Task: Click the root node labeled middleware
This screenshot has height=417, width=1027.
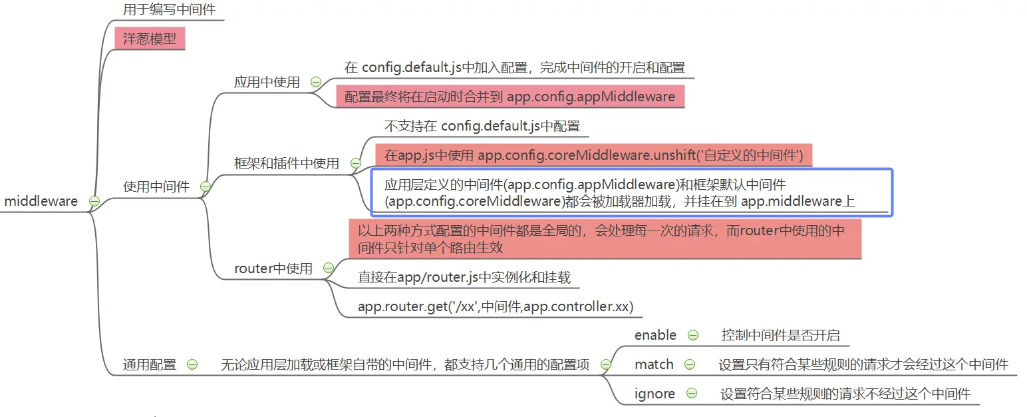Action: pyautogui.click(x=41, y=201)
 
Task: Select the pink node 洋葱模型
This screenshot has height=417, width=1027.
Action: pyautogui.click(x=150, y=39)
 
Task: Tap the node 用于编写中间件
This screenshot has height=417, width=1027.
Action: pyautogui.click(x=169, y=10)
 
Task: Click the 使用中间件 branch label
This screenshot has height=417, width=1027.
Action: pyautogui.click(x=156, y=187)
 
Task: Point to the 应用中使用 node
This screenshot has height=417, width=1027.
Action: pyautogui.click(x=267, y=83)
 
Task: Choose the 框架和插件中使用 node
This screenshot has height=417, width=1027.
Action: pyautogui.click(x=287, y=163)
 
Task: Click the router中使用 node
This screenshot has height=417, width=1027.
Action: pyautogui.click(x=273, y=268)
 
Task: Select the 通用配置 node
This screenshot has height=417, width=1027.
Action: pyautogui.click(x=150, y=364)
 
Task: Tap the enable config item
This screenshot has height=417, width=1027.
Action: pyautogui.click(x=655, y=335)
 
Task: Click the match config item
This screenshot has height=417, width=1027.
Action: pyautogui.click(x=654, y=364)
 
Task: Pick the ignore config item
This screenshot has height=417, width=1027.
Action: pyautogui.click(x=655, y=394)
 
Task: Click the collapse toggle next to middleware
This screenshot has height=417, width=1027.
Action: pyautogui.click(x=94, y=201)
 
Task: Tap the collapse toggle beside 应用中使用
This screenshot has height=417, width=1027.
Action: pyautogui.click(x=316, y=83)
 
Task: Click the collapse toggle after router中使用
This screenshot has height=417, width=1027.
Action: pyautogui.click(x=328, y=268)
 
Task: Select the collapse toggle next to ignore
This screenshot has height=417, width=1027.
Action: pyautogui.click(x=691, y=394)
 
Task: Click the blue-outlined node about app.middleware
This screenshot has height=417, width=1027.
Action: pyautogui.click(x=631, y=193)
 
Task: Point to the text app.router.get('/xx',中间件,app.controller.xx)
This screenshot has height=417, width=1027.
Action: pyautogui.click(x=496, y=306)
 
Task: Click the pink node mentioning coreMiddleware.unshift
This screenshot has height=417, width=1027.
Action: pyautogui.click(x=594, y=157)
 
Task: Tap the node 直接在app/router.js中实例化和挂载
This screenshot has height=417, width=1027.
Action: pyautogui.click(x=464, y=277)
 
